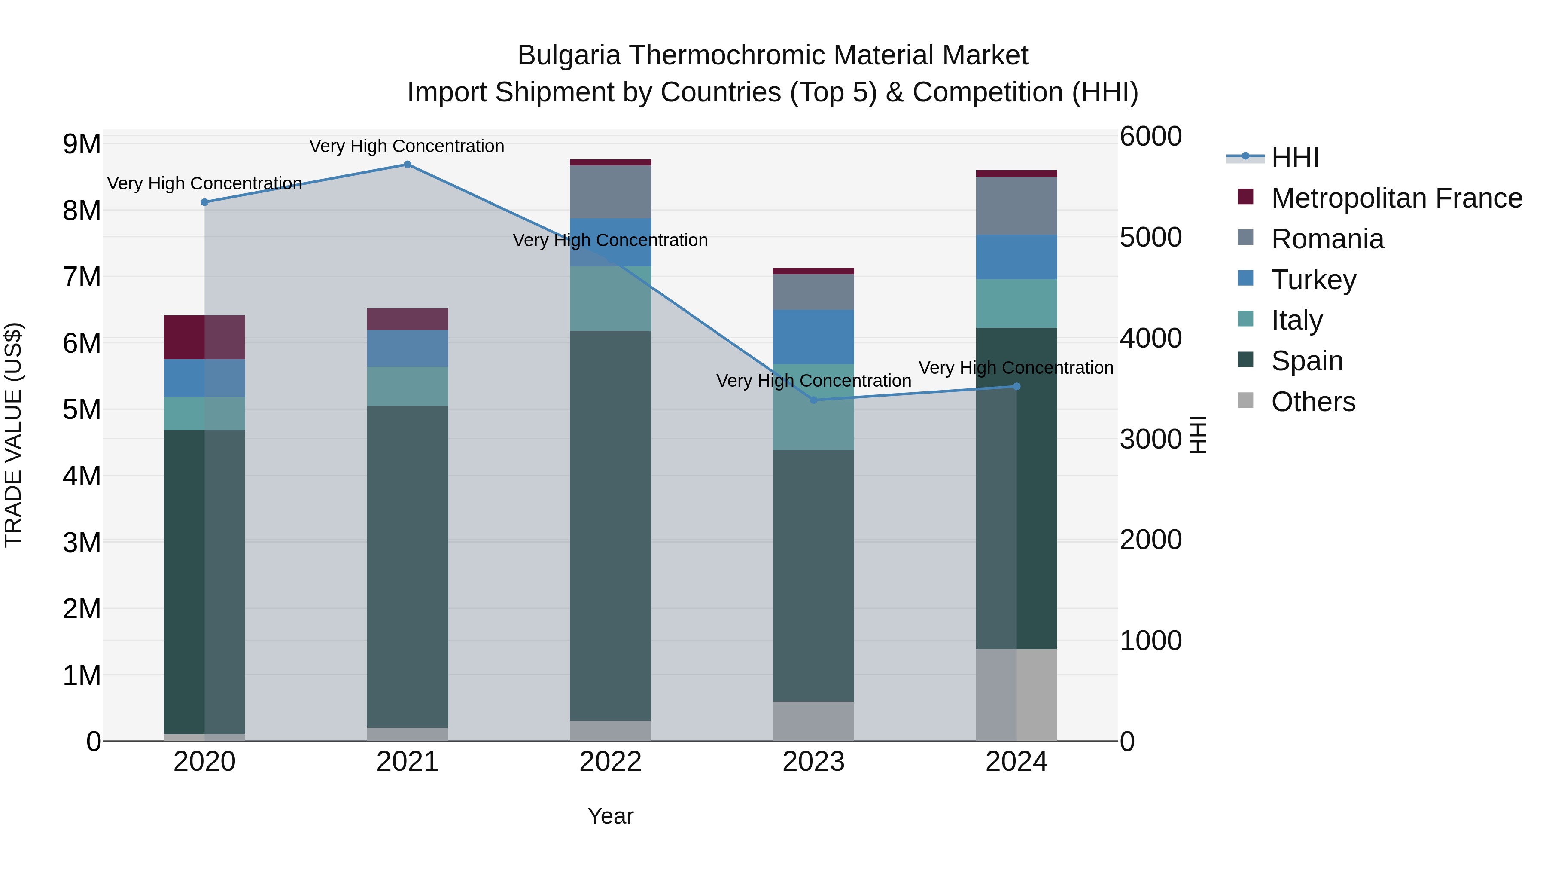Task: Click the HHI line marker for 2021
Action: click(x=408, y=165)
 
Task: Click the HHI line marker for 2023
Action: click(x=814, y=400)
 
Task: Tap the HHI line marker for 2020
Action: click(x=205, y=202)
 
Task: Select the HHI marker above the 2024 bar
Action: click(x=1016, y=387)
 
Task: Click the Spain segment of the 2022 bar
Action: click(x=610, y=525)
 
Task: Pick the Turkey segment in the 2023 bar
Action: click(x=814, y=337)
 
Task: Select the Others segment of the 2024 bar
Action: click(x=1016, y=695)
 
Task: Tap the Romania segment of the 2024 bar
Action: click(x=1016, y=205)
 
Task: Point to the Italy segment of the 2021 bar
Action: click(x=408, y=386)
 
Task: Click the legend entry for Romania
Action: click(x=1327, y=239)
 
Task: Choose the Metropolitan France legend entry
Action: click(x=1396, y=198)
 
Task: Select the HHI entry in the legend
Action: click(x=1294, y=157)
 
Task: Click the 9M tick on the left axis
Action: click(x=82, y=144)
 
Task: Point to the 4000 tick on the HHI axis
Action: click(x=1150, y=338)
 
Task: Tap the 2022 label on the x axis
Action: click(x=610, y=762)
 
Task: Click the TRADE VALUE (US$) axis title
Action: click(x=13, y=435)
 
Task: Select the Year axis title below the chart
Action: click(x=610, y=816)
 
